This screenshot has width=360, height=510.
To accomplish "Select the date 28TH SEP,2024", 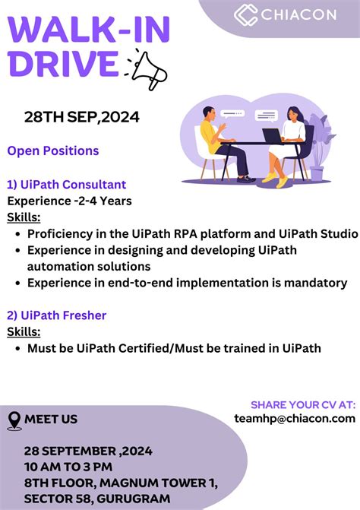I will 82,117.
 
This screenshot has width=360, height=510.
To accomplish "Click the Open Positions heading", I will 53,150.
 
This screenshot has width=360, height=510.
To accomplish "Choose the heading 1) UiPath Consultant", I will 67,185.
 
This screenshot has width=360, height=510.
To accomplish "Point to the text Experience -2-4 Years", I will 70,201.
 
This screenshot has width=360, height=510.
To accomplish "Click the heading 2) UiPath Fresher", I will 57,315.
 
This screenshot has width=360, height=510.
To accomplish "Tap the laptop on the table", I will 272,135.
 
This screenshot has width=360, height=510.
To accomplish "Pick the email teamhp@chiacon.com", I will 295,418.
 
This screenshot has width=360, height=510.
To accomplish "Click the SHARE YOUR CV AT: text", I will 302,404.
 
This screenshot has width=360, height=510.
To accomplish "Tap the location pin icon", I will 14,420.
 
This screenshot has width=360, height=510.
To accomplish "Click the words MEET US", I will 51,419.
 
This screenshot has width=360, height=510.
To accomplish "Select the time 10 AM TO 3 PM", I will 68,466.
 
